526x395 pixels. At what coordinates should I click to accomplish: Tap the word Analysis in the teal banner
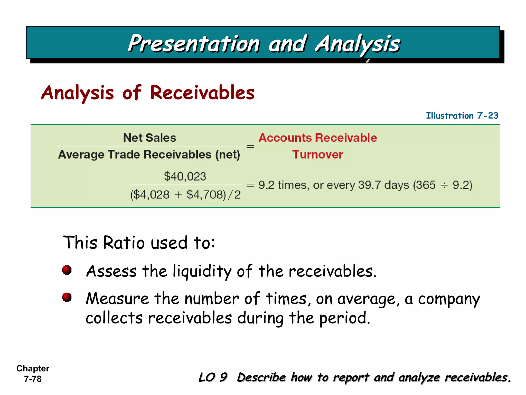pos(358,44)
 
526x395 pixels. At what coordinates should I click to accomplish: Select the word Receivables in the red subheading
pos(202,93)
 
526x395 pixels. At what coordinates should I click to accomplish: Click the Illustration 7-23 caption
pos(462,116)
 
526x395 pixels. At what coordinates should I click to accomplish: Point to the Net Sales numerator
pos(149,138)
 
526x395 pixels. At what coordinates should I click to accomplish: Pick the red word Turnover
pos(317,155)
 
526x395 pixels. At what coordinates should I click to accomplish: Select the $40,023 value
pos(185,177)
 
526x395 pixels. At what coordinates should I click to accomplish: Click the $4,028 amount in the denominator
pos(150,195)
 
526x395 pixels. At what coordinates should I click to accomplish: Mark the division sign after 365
pos(444,185)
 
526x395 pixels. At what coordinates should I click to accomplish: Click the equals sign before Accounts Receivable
pos(250,147)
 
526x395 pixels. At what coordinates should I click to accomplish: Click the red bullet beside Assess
pos(67,270)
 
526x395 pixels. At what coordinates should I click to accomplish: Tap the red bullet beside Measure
pos(67,297)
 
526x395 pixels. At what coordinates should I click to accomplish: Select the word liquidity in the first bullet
pos(202,272)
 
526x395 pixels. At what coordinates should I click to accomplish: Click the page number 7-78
pos(33,379)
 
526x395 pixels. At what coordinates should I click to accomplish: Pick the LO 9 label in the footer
pos(213,378)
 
